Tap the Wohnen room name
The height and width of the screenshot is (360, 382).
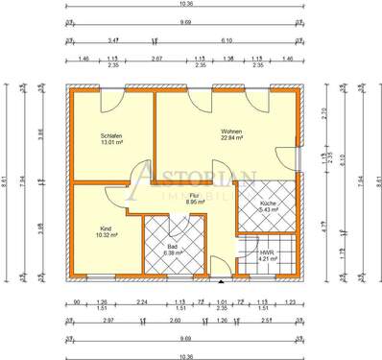(x=231, y=131)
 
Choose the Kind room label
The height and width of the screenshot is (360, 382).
(x=105, y=228)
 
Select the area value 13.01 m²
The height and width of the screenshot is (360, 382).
(x=110, y=144)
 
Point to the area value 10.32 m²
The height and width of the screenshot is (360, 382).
(x=105, y=234)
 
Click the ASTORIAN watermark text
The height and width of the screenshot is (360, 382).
(x=192, y=176)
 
